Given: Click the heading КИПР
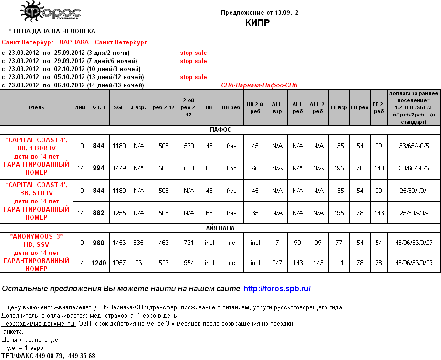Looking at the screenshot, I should (x=257, y=22).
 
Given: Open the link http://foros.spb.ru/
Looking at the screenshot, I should (x=277, y=288).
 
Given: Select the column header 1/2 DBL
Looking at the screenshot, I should (x=98, y=107).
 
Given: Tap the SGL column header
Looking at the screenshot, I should (x=119, y=107).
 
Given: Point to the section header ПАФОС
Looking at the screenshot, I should (x=220, y=129).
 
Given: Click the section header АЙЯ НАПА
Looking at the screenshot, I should (x=220, y=228).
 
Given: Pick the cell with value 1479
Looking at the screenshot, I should (x=119, y=168).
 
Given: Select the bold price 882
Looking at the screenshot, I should (x=98, y=213).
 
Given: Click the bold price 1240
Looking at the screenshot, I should (x=98, y=263).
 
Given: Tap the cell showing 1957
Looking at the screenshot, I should (x=119, y=263).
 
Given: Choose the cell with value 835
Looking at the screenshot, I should (x=139, y=243).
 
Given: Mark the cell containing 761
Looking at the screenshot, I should (x=189, y=243).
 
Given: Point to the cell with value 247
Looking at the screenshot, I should (x=277, y=263).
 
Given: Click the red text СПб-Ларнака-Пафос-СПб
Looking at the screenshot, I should (x=259, y=85).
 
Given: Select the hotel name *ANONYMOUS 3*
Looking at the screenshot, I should (x=36, y=236).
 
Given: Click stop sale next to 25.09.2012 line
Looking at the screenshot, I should (x=193, y=53).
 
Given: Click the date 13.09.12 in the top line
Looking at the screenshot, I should (x=283, y=12).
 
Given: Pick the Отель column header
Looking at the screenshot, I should (x=36, y=107).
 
